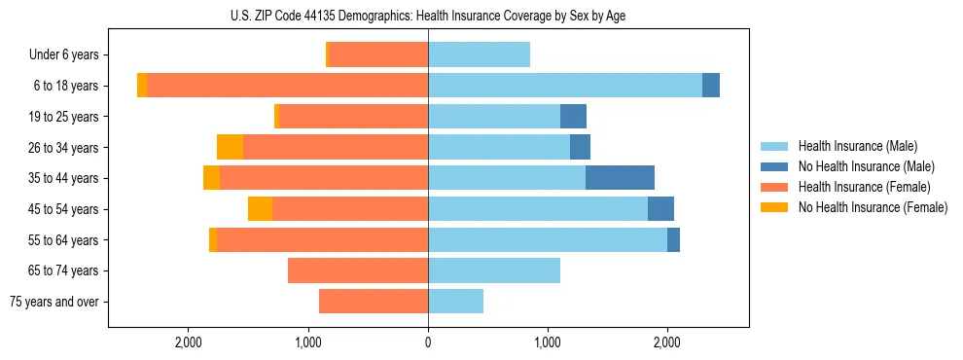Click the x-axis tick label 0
(428, 342)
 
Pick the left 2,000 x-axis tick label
(188, 342)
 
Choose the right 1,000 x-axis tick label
(548, 342)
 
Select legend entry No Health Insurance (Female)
(873, 207)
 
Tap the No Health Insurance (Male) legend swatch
(775, 166)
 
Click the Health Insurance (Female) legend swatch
(775, 187)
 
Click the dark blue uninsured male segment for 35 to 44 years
(620, 178)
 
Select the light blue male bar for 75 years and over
(455, 302)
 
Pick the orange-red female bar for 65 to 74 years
(358, 270)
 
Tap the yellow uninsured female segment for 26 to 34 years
(230, 147)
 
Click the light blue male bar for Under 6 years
(479, 54)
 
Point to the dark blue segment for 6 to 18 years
(711, 86)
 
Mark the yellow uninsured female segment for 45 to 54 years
(260, 209)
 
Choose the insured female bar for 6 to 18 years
(287, 86)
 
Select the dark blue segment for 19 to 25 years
(573, 117)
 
